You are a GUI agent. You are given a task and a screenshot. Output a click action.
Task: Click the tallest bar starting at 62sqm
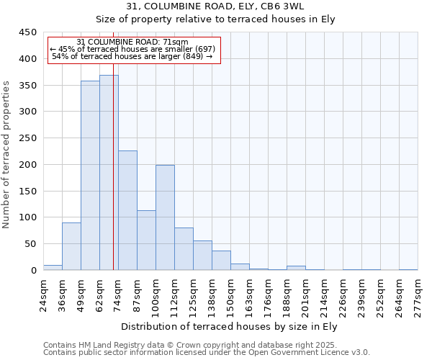point(109,173)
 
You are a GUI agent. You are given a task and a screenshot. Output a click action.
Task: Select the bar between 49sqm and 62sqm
point(90,176)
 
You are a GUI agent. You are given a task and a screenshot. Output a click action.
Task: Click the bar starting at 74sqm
point(127,210)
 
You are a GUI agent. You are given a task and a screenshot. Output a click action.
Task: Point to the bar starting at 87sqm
point(146,240)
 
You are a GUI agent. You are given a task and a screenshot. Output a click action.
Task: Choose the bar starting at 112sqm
point(184,249)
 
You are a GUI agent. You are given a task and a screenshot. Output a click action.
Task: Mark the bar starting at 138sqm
point(221,261)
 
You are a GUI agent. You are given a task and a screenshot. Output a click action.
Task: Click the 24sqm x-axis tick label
point(44,294)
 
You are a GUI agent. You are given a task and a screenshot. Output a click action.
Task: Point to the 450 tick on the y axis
point(28,32)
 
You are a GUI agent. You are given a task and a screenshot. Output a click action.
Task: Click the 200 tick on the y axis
point(28,165)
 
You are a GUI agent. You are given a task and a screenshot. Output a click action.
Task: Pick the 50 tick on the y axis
point(31,244)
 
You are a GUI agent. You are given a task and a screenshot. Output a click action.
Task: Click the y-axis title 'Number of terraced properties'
point(7,154)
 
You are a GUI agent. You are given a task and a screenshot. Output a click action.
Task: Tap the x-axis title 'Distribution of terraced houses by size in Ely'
point(229,326)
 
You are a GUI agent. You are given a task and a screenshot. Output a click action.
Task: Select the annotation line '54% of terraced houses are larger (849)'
point(132,56)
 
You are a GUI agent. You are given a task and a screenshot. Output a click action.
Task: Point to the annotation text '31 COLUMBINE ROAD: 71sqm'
point(132,42)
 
